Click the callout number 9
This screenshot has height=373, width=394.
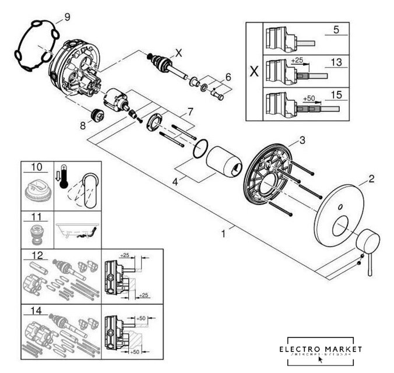click(x=67, y=17)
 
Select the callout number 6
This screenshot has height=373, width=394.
click(x=228, y=76)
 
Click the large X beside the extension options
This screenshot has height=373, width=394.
click(x=254, y=73)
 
